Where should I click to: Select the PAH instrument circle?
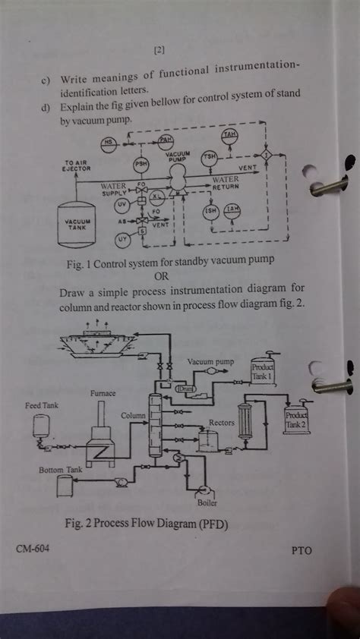coord(166,141)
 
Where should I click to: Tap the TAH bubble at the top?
coord(229,134)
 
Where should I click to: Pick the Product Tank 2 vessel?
coord(294,419)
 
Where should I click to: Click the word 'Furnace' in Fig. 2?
coord(103,393)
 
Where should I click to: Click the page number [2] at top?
coord(159,51)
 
